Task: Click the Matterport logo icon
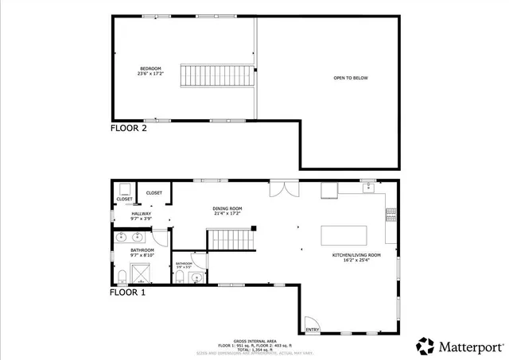425,346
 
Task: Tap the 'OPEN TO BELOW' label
351,78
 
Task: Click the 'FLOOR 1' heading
128,292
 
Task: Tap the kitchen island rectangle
344,236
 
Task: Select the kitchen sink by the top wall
368,188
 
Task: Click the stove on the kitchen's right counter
390,212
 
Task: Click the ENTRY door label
312,330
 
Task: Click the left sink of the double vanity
122,237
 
